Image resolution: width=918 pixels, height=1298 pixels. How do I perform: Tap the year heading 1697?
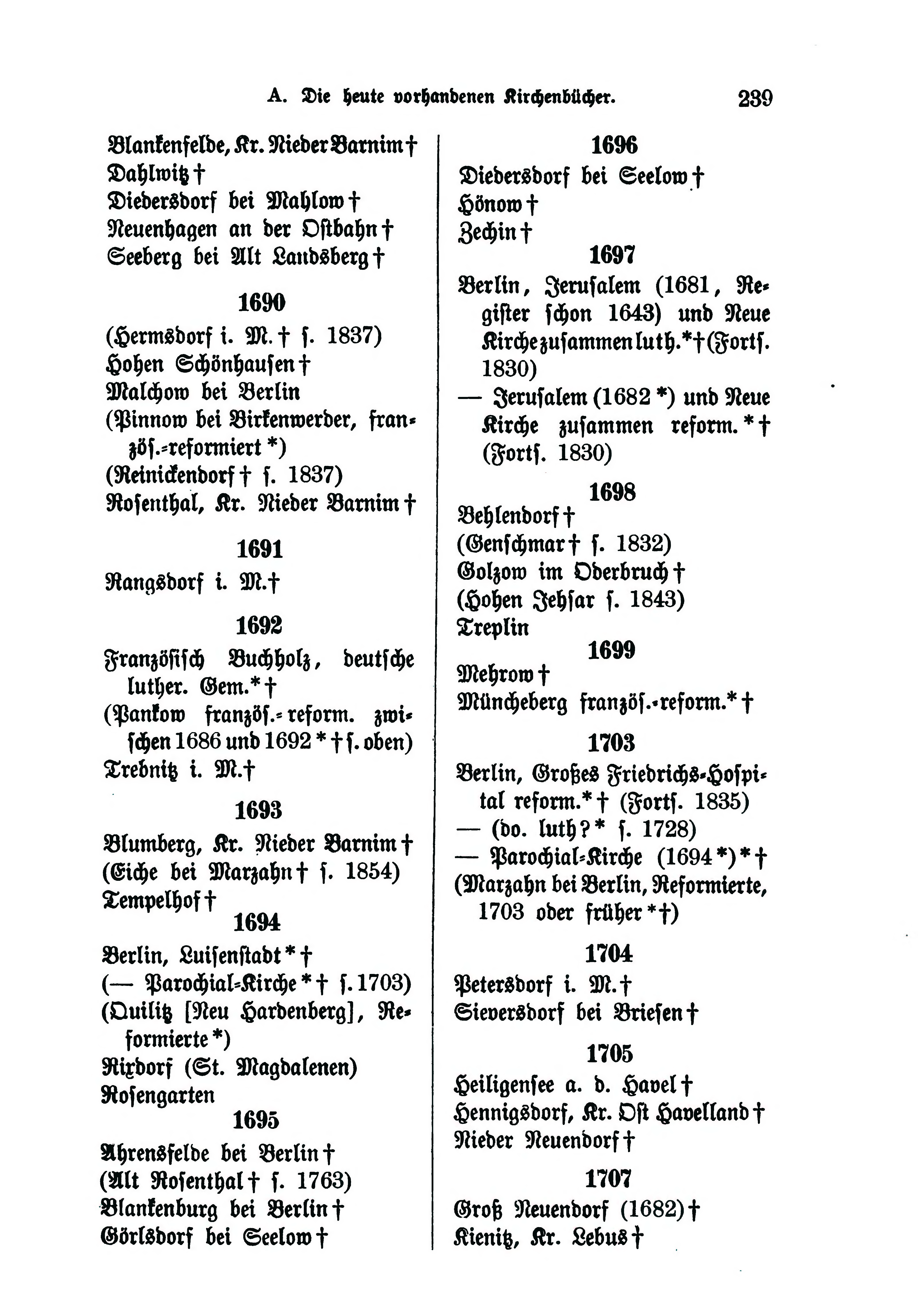coord(612,256)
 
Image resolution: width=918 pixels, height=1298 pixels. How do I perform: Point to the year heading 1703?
coord(611,743)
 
